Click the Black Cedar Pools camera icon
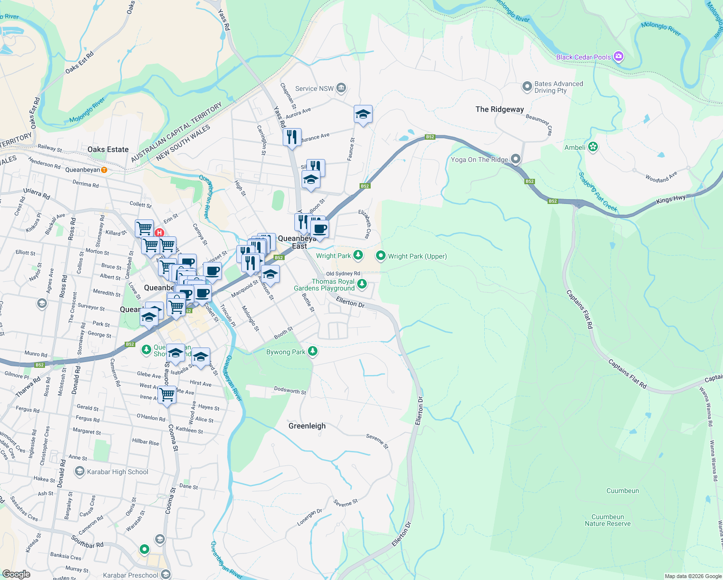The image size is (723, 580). pyautogui.click(x=618, y=57)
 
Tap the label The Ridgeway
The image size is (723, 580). pyautogui.click(x=499, y=109)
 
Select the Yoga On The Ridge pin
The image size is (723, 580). pyautogui.click(x=516, y=159)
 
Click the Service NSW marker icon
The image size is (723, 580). pyautogui.click(x=341, y=88)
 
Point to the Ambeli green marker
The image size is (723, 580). pyautogui.click(x=593, y=147)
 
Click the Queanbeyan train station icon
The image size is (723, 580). pyautogui.click(x=104, y=170)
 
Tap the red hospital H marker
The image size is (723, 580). pyautogui.click(x=159, y=232)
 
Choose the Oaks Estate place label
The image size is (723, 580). pyautogui.click(x=108, y=149)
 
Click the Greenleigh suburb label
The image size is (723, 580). pyautogui.click(x=307, y=426)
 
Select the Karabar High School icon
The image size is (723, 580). pyautogui.click(x=79, y=471)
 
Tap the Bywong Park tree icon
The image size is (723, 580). pyautogui.click(x=313, y=351)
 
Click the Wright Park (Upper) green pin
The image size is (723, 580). pyautogui.click(x=380, y=256)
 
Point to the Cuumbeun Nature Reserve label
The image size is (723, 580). pyautogui.click(x=607, y=520)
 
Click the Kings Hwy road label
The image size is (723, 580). pyautogui.click(x=671, y=200)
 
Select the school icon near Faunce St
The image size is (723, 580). pyautogui.click(x=363, y=115)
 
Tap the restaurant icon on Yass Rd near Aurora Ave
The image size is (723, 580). pyautogui.click(x=292, y=137)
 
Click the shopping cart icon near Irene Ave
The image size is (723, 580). pyautogui.click(x=167, y=394)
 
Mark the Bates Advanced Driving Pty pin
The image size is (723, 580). pyautogui.click(x=527, y=87)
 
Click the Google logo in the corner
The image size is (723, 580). pyautogui.click(x=16, y=574)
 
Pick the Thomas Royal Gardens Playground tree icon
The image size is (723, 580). pyautogui.click(x=361, y=284)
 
